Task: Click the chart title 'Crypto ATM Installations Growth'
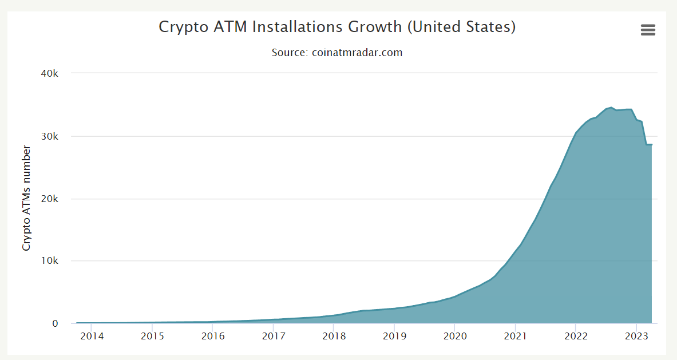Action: tap(337, 27)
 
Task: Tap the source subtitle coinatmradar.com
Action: tap(337, 53)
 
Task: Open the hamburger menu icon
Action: tap(648, 30)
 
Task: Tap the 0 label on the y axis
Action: tap(56, 323)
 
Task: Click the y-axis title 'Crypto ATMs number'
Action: tap(26, 198)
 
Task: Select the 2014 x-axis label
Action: tap(92, 336)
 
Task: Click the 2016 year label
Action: tap(212, 336)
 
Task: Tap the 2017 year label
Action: tap(273, 336)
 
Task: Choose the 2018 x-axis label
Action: tap(334, 336)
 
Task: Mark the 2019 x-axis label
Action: tap(394, 336)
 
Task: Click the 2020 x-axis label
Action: tap(454, 336)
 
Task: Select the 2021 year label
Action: tap(515, 336)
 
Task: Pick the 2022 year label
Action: tap(576, 336)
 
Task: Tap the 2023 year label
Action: tap(636, 336)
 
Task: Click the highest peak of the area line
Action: tap(611, 107)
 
